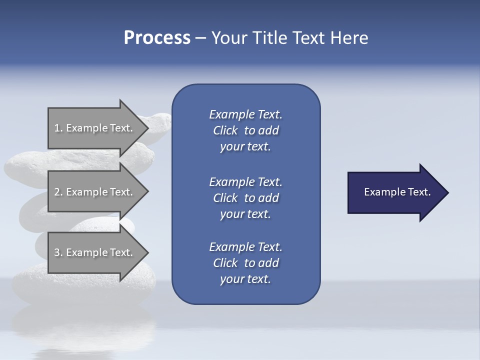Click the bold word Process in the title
[x=157, y=38]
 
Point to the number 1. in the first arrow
[x=58, y=128]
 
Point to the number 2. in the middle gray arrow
[x=58, y=192]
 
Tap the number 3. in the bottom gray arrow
[x=58, y=252]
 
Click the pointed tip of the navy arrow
[x=446, y=192]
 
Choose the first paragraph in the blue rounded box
[x=245, y=130]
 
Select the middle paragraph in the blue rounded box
[x=245, y=197]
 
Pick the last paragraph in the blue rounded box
[x=245, y=263]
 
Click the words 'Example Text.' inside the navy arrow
[x=397, y=192]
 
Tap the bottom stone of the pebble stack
[x=30, y=285]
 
